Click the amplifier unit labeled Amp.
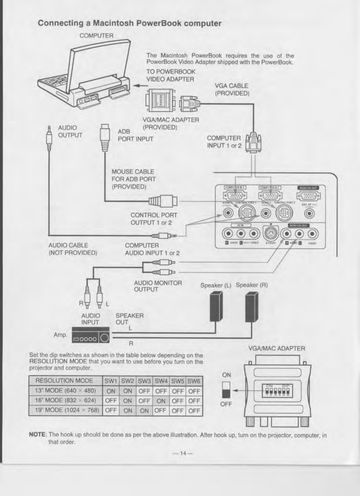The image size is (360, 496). pos(91,335)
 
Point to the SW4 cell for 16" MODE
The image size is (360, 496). pos(161,401)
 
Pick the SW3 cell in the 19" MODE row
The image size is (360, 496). pos(144,411)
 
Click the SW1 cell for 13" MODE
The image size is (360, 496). pos(111,391)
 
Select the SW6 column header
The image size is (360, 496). pos(194,381)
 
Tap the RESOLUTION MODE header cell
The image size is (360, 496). pos(64,381)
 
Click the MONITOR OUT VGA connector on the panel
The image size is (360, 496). pos(309,195)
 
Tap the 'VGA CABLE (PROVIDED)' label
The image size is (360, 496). pos(232,89)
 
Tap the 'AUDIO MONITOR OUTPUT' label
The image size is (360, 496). pos(158,286)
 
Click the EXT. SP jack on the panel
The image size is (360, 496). pos(309,213)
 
